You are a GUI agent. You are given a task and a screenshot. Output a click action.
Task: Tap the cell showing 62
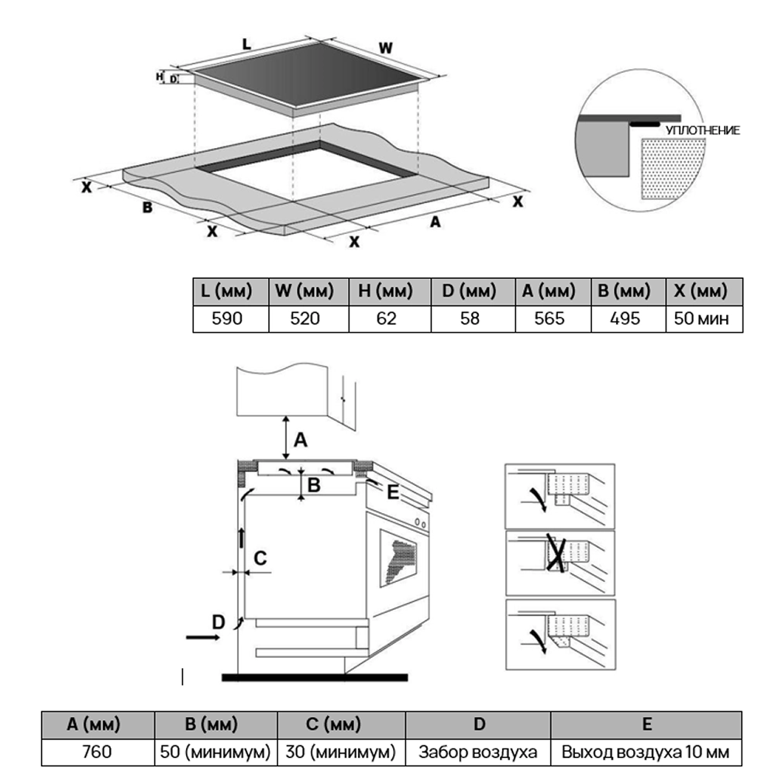[388, 319]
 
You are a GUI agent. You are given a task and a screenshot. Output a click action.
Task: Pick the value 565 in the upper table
[549, 319]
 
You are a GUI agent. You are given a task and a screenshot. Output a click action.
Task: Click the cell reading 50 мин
[702, 319]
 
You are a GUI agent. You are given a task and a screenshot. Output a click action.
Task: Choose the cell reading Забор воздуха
[478, 751]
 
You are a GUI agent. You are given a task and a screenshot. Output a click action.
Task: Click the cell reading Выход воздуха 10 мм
[646, 751]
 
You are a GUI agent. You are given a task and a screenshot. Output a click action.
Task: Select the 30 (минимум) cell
[340, 751]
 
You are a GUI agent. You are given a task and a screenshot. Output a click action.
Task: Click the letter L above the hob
[246, 44]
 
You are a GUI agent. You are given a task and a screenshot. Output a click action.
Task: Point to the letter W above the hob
[385, 47]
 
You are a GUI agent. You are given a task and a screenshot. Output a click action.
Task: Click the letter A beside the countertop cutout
[436, 222]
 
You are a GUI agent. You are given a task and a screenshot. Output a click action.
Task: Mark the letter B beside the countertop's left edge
[146, 207]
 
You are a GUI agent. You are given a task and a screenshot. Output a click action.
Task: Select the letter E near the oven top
[392, 492]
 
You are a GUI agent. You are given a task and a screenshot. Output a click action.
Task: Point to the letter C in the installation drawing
[260, 557]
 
